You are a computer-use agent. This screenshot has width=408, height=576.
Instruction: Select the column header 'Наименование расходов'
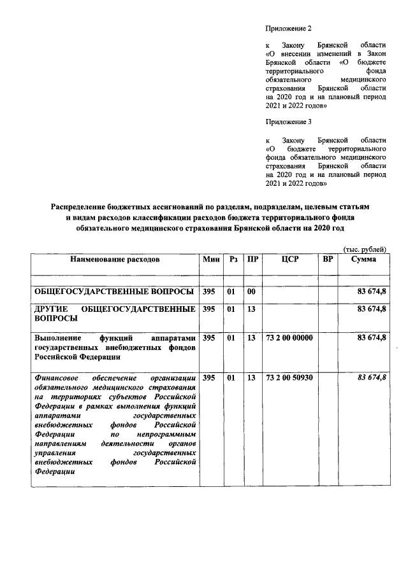115,260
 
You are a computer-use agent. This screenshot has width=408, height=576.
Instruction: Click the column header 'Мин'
210,260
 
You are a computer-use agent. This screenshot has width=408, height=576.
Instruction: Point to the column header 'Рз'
233,260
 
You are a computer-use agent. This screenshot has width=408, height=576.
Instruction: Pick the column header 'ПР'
252,260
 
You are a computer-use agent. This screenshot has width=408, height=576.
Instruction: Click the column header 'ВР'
328,260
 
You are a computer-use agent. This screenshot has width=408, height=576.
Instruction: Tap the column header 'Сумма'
363,260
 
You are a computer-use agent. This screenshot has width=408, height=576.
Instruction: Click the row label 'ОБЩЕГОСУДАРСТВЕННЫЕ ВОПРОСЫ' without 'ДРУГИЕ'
113,292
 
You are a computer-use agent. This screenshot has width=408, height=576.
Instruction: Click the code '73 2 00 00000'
289,338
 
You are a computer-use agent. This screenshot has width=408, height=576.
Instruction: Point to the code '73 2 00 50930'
289,378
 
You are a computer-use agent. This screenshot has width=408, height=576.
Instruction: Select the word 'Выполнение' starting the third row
57,338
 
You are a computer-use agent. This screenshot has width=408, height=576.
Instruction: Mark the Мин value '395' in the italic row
208,378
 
